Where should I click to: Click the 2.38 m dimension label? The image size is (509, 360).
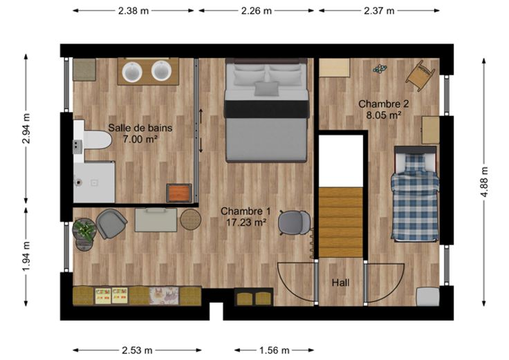(133, 11)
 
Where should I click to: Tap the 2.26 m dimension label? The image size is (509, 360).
(256, 11)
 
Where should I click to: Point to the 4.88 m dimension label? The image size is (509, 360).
(484, 182)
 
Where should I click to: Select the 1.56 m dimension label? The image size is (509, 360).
(274, 350)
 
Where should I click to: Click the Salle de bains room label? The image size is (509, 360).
(140, 128)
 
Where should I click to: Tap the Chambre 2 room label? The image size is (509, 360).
(383, 104)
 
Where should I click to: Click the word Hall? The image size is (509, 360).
(340, 283)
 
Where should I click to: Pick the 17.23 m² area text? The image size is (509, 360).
(246, 222)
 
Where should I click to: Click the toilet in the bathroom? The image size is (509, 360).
(97, 140)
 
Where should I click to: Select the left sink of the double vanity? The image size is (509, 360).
(132, 72)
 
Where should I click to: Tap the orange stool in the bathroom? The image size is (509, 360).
(179, 193)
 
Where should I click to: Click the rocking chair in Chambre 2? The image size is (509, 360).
(420, 76)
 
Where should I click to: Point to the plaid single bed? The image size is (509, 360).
(415, 194)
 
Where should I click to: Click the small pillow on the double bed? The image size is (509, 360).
(266, 88)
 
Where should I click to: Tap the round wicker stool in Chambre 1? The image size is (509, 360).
(191, 219)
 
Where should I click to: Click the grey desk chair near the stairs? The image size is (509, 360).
(294, 222)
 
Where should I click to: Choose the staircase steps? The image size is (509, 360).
(340, 222)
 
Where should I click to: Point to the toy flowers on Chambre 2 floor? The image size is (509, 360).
(380, 69)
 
